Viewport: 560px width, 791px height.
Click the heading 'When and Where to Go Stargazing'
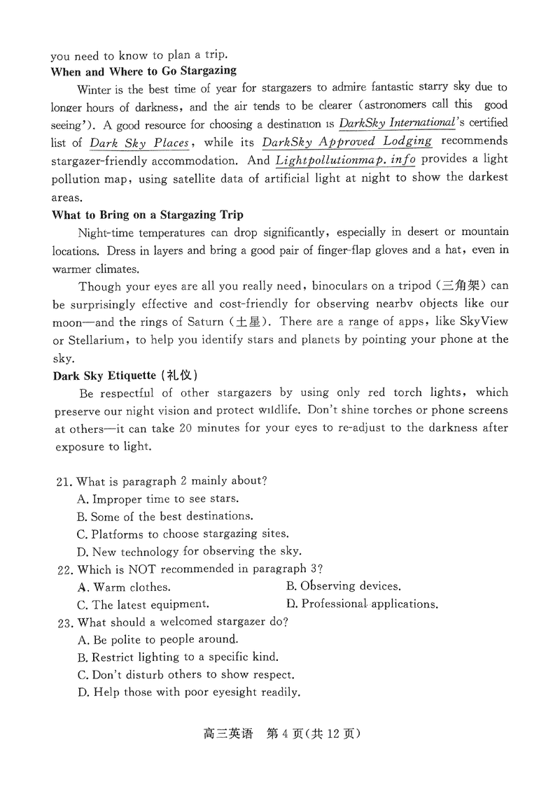tap(143, 71)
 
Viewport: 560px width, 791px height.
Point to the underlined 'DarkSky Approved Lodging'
tap(346, 142)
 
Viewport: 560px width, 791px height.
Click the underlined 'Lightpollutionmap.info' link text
tap(346, 160)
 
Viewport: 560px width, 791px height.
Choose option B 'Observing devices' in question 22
tap(344, 587)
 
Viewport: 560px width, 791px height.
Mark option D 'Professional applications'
tap(363, 604)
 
